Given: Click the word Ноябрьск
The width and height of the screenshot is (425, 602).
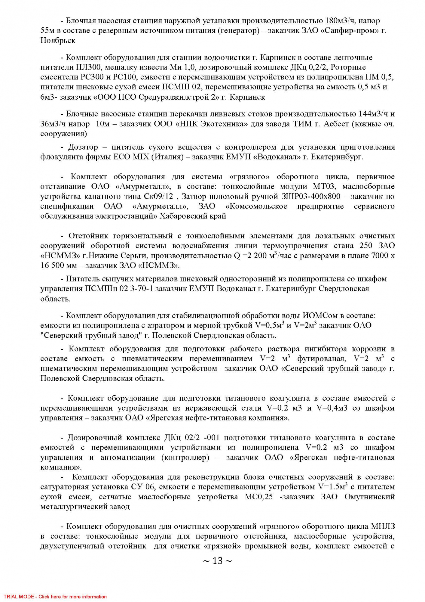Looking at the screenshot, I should [58, 41].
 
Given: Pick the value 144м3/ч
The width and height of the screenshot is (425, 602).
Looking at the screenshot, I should [373, 114].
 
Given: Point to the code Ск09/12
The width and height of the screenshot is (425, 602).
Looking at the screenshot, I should [159, 197].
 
